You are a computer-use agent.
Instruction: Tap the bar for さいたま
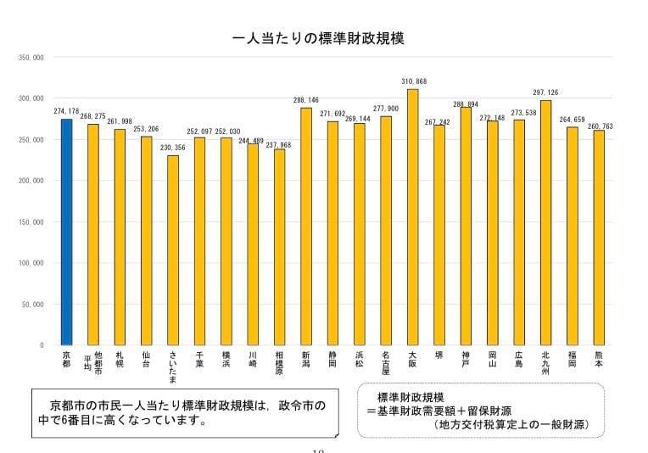coord(173,249)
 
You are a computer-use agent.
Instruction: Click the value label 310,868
coord(413,81)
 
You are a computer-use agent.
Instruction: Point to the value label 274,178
coord(67,111)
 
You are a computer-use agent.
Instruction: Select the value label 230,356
coord(173,148)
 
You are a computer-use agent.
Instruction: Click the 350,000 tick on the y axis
coord(32,58)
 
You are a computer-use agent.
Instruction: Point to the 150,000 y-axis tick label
coord(32,222)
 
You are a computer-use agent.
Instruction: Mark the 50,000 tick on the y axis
coord(34,305)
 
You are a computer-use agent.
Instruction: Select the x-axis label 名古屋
coord(386,362)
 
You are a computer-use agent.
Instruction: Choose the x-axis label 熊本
coord(599,358)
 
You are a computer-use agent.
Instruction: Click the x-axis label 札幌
coord(120,358)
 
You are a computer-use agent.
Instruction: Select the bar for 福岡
coord(572,235)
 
